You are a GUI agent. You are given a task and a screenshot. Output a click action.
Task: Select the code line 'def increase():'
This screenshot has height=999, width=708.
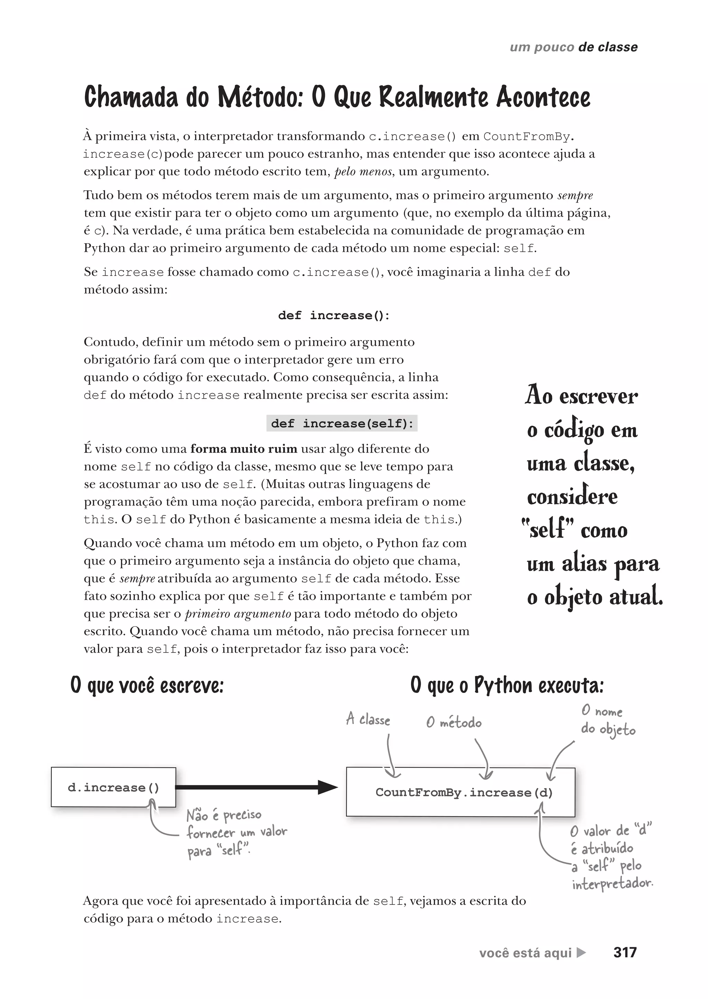(x=334, y=315)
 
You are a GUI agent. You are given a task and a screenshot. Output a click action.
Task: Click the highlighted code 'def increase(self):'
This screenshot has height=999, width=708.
(x=342, y=424)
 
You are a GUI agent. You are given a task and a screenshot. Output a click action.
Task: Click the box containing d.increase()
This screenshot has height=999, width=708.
(x=113, y=787)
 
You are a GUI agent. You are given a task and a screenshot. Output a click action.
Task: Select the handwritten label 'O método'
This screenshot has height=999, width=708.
(x=454, y=723)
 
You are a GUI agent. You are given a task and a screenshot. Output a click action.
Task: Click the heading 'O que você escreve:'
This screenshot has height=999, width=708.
(x=147, y=685)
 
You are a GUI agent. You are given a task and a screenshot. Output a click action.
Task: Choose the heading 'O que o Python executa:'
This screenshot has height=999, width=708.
(x=507, y=685)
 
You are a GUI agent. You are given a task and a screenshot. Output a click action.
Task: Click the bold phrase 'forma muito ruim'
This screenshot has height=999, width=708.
(x=244, y=449)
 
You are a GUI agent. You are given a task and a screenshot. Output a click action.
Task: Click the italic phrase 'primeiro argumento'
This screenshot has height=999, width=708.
(x=238, y=614)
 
